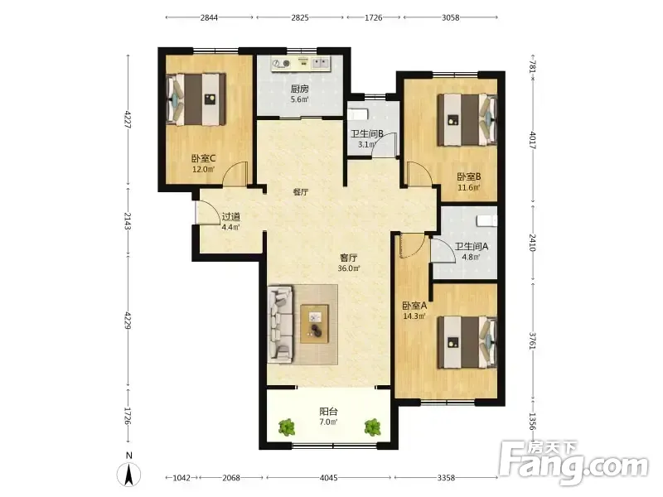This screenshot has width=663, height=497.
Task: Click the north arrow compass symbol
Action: coord(129,474)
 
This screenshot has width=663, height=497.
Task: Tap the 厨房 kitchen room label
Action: coord(299,89)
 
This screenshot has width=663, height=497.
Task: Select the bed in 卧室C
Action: coord(196,99)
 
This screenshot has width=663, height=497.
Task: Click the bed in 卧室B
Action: coord(467,120)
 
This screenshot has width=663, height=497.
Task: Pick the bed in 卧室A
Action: coord(467,342)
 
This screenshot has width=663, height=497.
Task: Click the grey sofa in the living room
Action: coord(280,324)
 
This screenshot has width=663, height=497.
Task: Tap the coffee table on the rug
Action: coord(314,324)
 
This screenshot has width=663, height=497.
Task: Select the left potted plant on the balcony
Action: coord(286,427)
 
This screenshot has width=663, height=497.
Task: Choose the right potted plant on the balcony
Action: coord(372,427)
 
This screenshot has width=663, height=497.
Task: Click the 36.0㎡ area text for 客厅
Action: coord(349,268)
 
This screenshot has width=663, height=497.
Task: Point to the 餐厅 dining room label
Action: coord(301,192)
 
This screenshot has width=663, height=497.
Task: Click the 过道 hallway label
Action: coord(231,217)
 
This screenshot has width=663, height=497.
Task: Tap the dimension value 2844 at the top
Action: coord(209,17)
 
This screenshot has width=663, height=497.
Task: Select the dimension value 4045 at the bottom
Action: coord(328,478)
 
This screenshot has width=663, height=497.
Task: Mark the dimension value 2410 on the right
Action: coord(532,243)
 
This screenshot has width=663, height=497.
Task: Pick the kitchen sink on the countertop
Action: coord(321,64)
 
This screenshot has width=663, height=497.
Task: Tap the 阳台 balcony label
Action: coord(328,411)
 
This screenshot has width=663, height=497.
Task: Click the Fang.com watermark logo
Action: coord(573,464)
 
